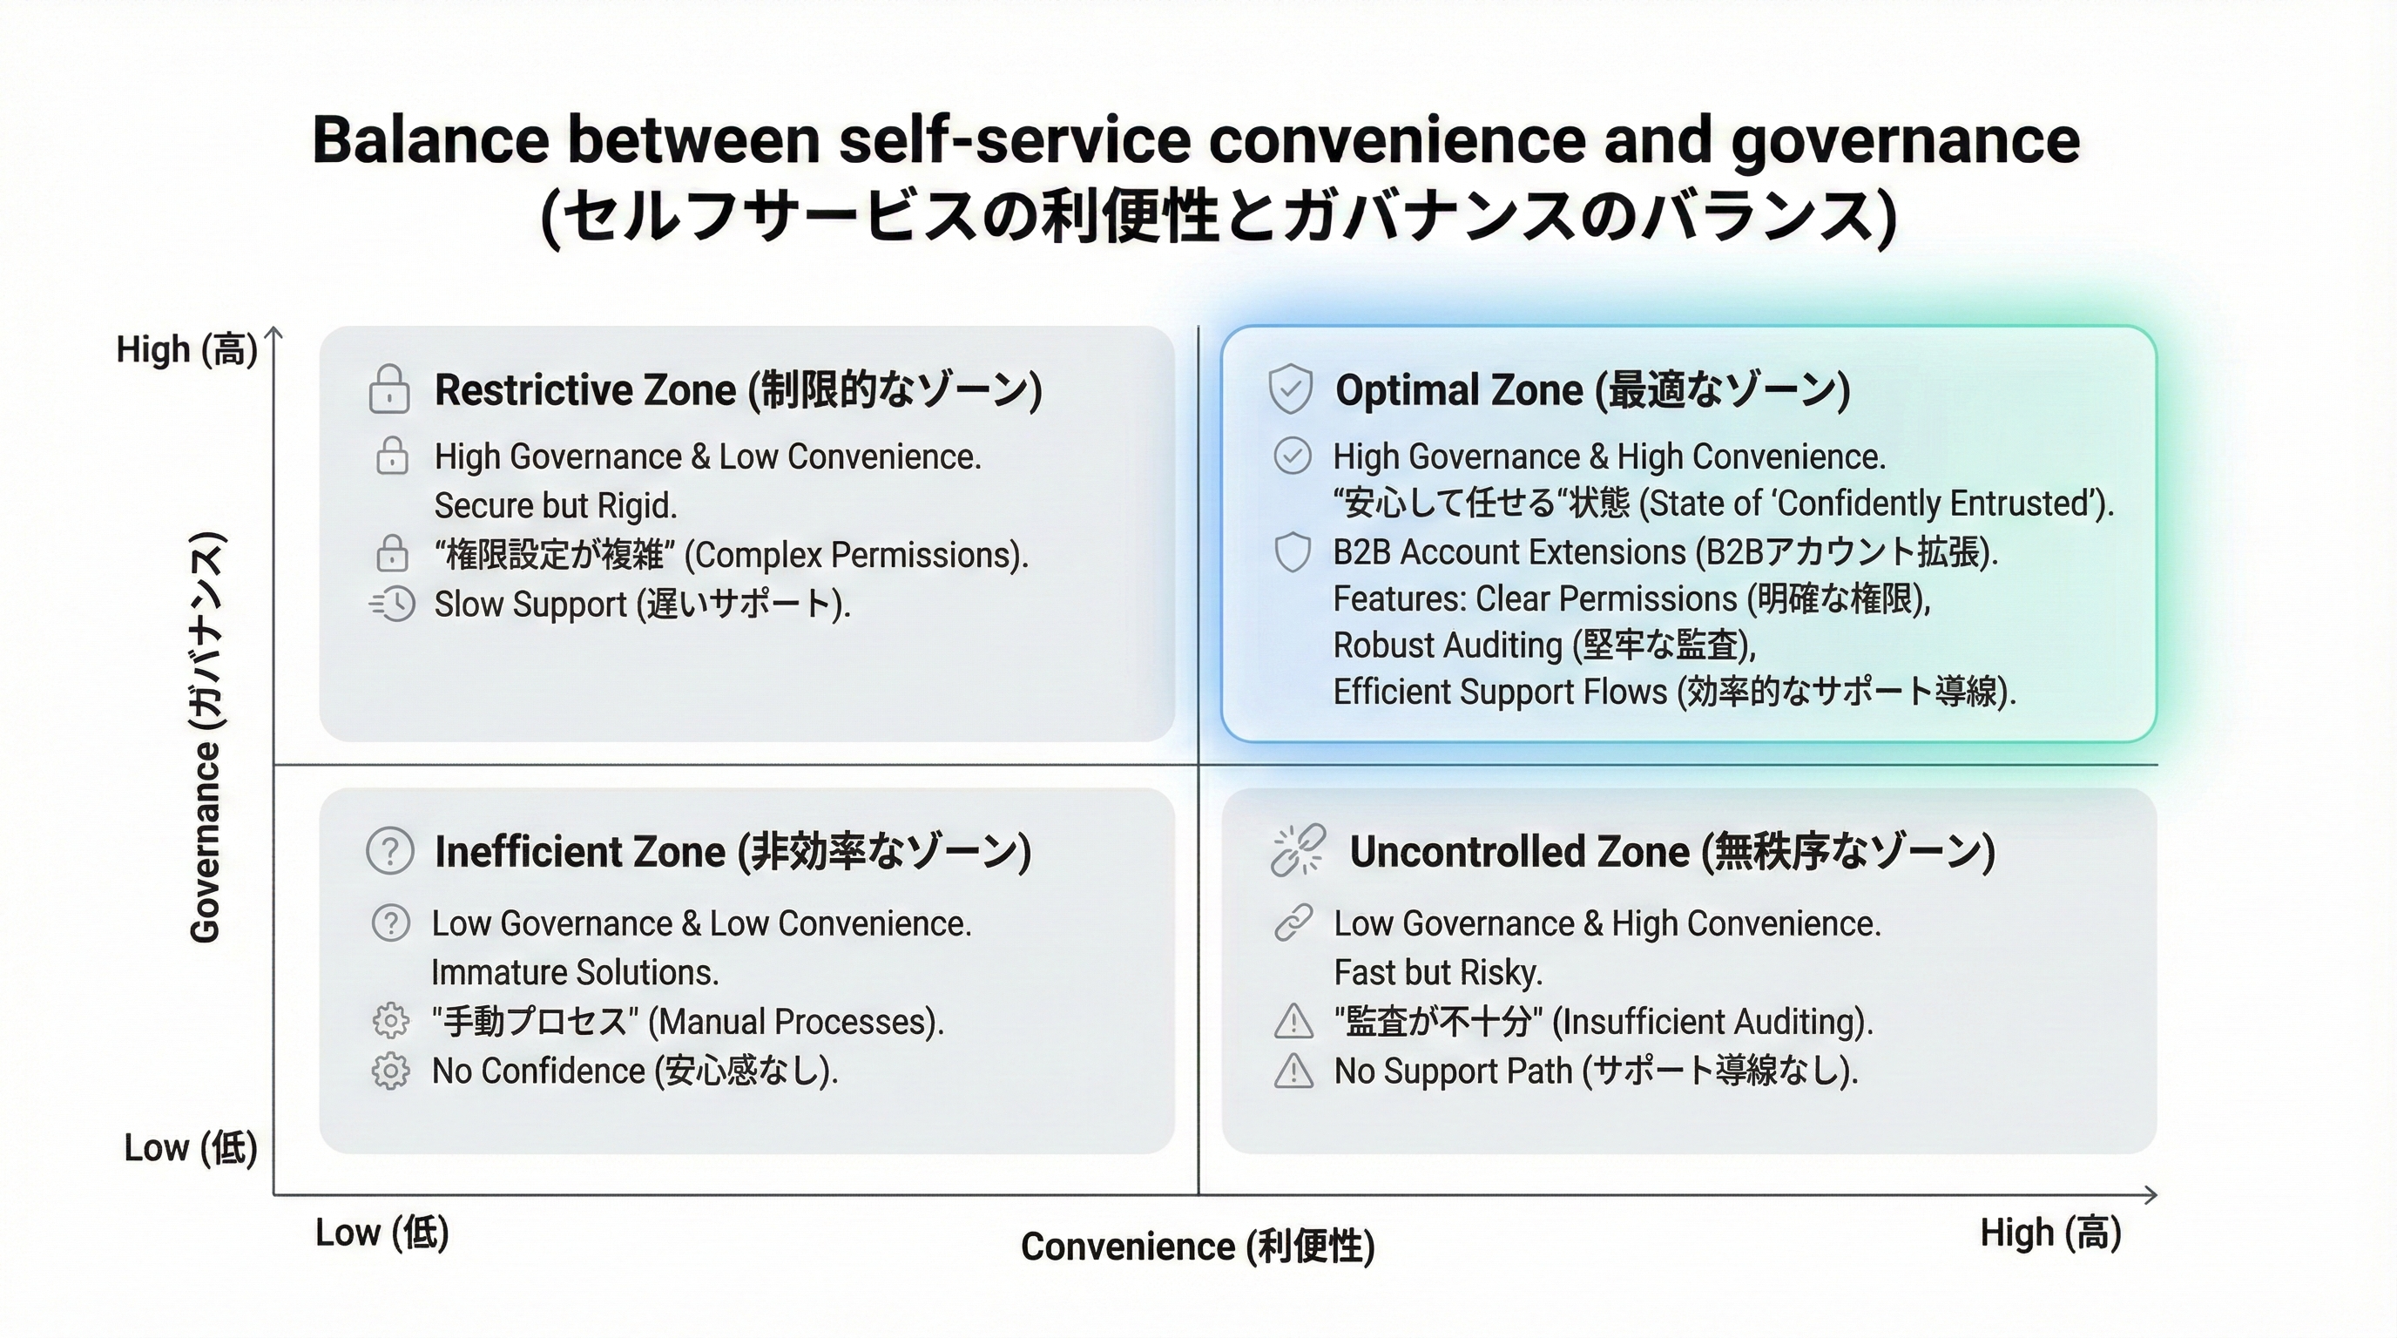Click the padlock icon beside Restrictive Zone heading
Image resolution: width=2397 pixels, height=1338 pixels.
(389, 389)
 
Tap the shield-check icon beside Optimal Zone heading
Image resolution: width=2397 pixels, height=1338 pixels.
(1291, 389)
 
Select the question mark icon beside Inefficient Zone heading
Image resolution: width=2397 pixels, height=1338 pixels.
(390, 850)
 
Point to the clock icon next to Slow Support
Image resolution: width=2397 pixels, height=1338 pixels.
(394, 604)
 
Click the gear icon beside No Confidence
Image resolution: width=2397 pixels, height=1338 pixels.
(390, 1071)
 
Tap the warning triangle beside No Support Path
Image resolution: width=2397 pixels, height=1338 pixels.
(1293, 1071)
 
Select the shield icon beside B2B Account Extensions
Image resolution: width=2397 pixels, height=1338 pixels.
(1293, 551)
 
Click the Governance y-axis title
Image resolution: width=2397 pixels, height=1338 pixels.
(206, 737)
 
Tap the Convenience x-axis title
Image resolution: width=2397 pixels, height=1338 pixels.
(1198, 1247)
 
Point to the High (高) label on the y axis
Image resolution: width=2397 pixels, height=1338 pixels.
(186, 350)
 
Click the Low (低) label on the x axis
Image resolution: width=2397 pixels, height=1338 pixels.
(382, 1233)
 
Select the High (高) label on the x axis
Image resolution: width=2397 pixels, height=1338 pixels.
(2051, 1233)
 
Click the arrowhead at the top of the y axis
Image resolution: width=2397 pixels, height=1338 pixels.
(273, 332)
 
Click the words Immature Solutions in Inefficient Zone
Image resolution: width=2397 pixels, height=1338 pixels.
(575, 972)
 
